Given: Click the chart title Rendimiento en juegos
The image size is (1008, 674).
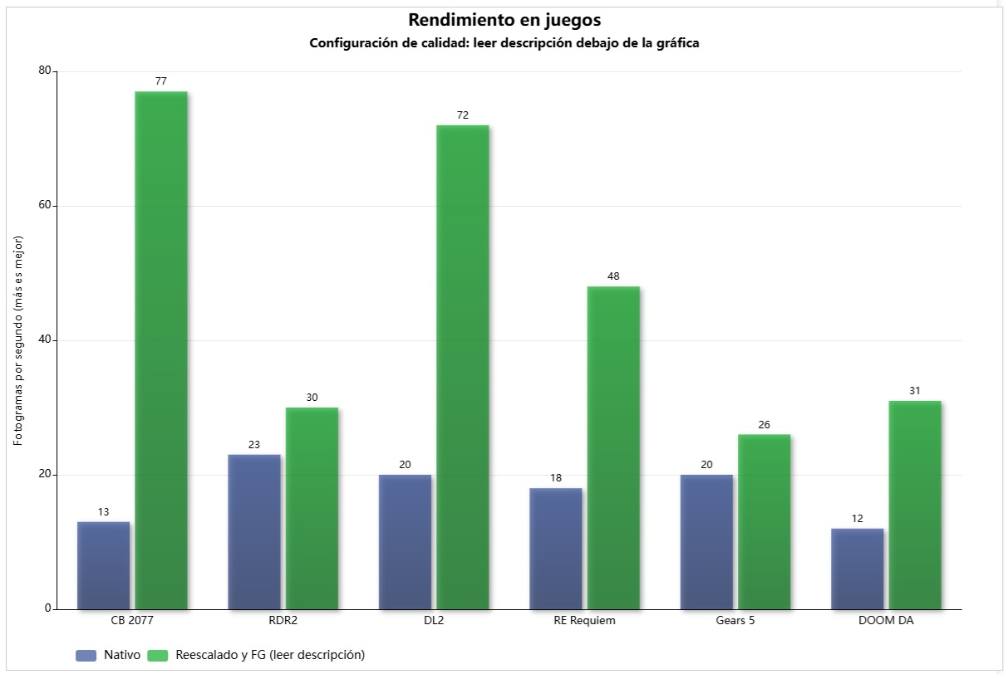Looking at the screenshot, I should click(x=504, y=20).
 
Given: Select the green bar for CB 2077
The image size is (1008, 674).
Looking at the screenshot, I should click(x=161, y=349).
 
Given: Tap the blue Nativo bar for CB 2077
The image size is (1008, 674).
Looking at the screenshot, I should click(x=103, y=565).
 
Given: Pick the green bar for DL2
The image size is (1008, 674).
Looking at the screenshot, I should click(x=463, y=365).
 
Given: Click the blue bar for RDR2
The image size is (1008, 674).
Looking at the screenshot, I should click(x=254, y=531).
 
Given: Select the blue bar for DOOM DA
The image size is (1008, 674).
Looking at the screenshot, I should click(x=857, y=569).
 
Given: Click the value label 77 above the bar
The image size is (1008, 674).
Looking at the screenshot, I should click(x=161, y=81).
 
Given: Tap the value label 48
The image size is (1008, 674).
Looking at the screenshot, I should click(x=613, y=276).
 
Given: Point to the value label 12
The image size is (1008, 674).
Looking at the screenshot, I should click(x=857, y=519).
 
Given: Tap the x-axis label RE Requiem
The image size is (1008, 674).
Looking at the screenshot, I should click(x=584, y=621).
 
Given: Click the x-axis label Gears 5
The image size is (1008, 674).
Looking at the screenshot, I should click(x=735, y=621).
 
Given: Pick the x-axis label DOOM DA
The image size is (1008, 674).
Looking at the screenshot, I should click(x=886, y=621).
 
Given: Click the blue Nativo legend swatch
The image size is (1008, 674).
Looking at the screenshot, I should click(x=86, y=655).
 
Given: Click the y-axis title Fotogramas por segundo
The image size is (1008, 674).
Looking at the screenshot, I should click(x=18, y=340).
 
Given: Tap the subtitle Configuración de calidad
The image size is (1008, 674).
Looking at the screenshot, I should click(x=504, y=43).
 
